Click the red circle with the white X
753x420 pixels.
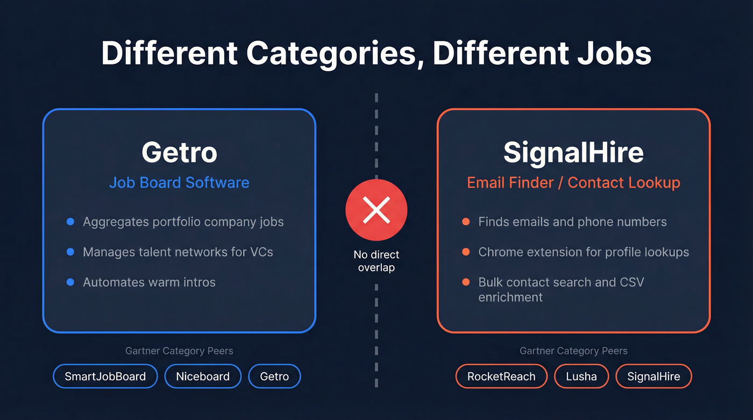click(x=376, y=210)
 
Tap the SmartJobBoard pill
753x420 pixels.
click(x=105, y=376)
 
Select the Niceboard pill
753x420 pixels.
click(x=203, y=376)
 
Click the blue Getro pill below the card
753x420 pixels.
click(x=274, y=376)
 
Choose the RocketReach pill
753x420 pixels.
click(x=501, y=376)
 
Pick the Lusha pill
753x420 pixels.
click(x=581, y=376)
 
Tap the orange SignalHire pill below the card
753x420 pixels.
click(x=653, y=376)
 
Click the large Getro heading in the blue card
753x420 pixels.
click(x=179, y=153)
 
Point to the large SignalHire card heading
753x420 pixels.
click(x=573, y=153)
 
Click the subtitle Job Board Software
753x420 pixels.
click(x=179, y=182)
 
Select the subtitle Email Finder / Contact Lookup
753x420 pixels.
click(x=573, y=182)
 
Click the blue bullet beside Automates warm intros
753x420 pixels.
click(x=70, y=282)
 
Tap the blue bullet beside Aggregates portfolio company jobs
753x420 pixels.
click(x=70, y=222)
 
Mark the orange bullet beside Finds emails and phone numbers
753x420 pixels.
click(x=466, y=222)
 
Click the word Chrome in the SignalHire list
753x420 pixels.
click(x=499, y=252)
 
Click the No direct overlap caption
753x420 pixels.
click(x=376, y=261)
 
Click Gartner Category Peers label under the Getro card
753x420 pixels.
click(x=179, y=351)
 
